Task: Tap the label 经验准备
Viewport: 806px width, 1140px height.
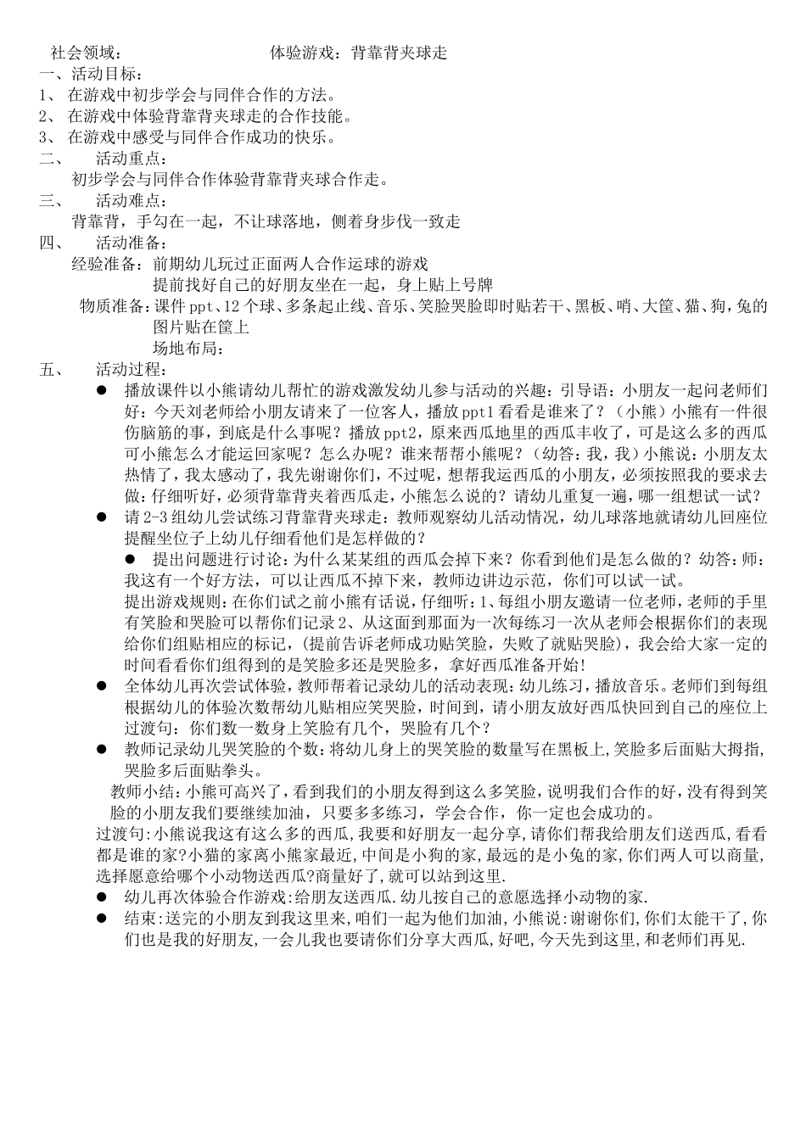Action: [108, 264]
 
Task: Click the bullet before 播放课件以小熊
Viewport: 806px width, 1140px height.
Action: [101, 390]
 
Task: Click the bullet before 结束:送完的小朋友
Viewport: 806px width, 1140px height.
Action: [101, 918]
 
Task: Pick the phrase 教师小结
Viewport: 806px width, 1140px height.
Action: [144, 791]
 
